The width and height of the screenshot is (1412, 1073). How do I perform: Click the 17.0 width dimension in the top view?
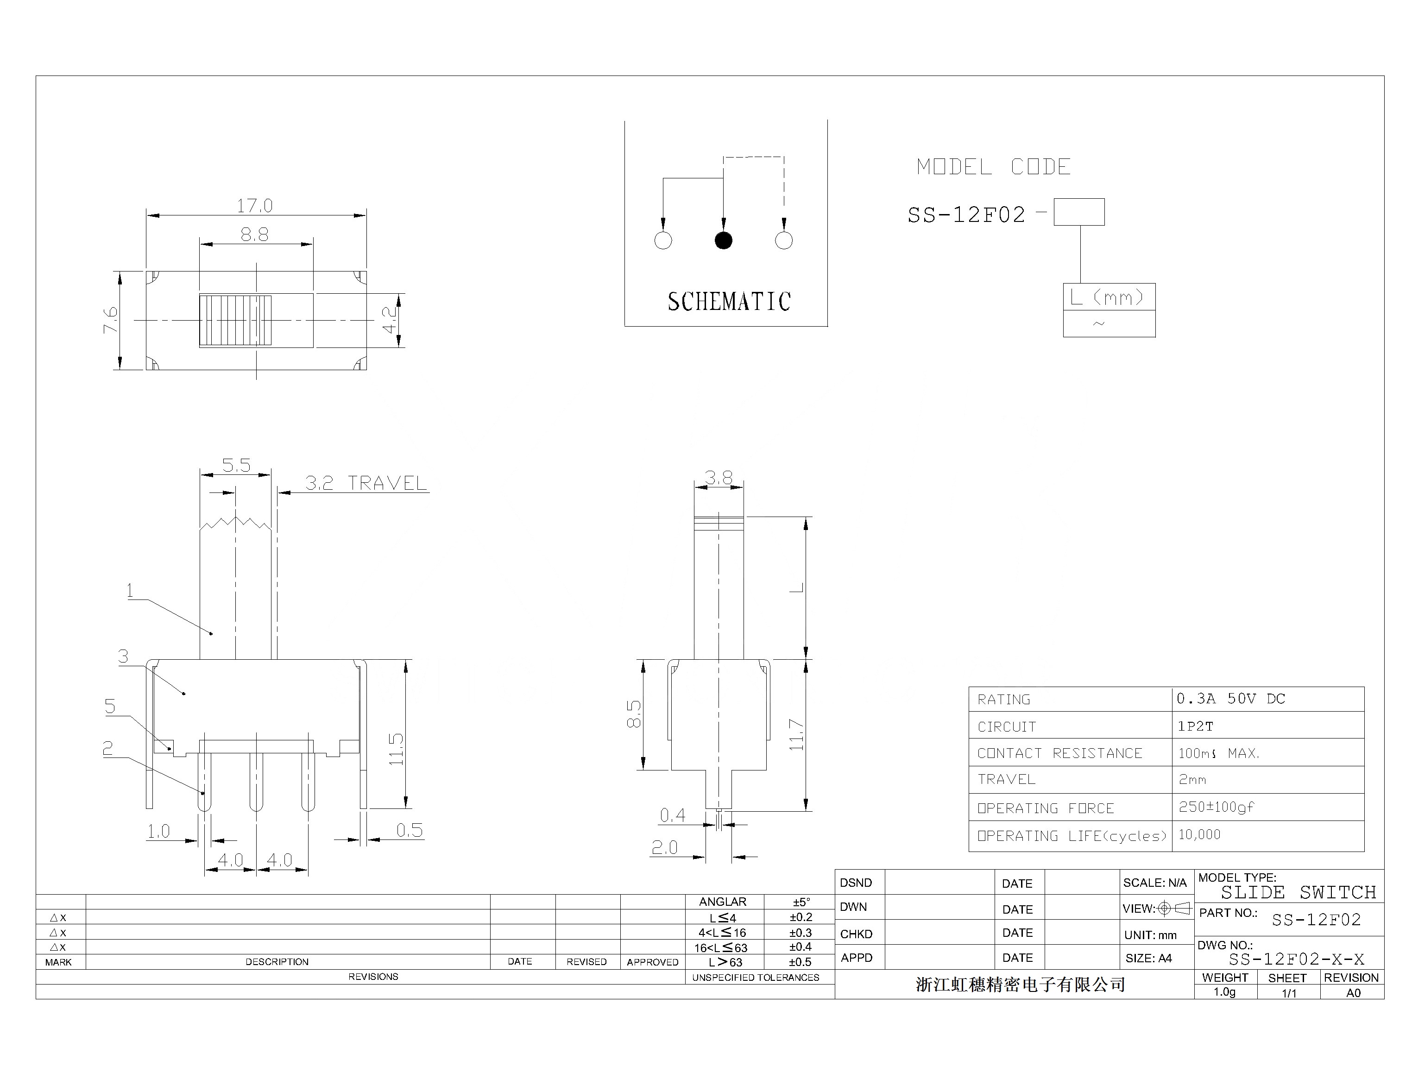pyautogui.click(x=254, y=206)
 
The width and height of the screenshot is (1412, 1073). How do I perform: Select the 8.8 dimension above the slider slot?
pyautogui.click(x=254, y=234)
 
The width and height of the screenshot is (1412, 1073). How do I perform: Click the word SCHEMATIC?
pyautogui.click(x=729, y=302)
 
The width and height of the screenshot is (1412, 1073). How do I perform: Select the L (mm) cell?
pyautogui.click(x=1108, y=297)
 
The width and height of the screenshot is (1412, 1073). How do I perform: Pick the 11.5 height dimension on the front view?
pyautogui.click(x=396, y=749)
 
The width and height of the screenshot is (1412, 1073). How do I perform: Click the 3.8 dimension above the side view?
pyautogui.click(x=719, y=477)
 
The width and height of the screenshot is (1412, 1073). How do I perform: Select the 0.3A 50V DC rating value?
pyautogui.click(x=1230, y=699)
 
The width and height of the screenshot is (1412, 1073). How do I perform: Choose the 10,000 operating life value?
pyautogui.click(x=1199, y=834)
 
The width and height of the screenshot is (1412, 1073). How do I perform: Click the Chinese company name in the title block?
pyautogui.click(x=1020, y=984)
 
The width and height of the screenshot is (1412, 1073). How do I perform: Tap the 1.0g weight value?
pyautogui.click(x=1224, y=992)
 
